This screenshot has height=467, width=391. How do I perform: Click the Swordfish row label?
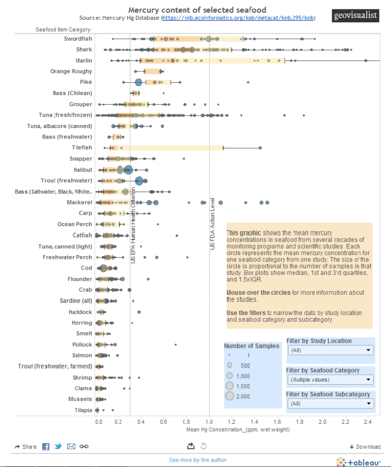coord(78,39)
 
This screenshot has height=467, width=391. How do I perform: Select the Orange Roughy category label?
coord(71,71)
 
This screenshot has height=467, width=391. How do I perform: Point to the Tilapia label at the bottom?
coord(82,410)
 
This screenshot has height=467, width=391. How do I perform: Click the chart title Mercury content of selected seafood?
coord(197,10)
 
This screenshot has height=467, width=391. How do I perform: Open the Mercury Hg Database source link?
coord(238,18)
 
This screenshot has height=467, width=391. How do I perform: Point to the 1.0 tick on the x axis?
coord(209,421)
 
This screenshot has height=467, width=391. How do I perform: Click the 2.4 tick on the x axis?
coord(368,421)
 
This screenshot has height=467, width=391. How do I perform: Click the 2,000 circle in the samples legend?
coord(229,396)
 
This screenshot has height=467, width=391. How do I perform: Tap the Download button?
coord(365,447)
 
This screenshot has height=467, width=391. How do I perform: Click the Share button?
coord(26,447)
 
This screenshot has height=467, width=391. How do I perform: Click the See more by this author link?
coord(198,460)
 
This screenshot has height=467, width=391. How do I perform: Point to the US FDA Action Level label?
coord(213,224)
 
